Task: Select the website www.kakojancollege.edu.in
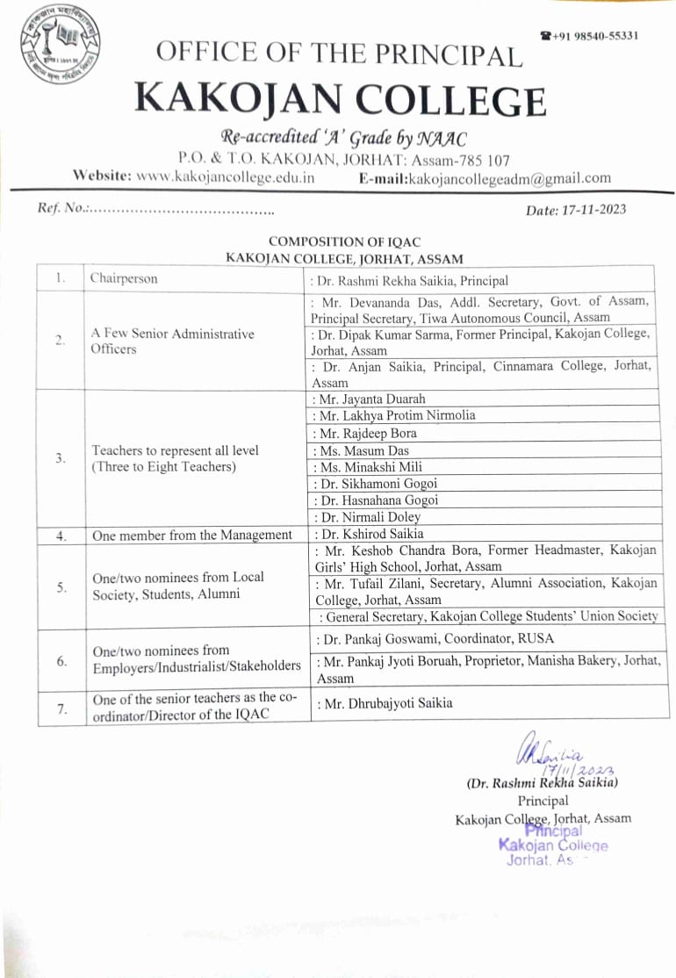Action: pos(226,176)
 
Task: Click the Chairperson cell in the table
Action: pos(124,279)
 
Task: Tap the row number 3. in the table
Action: pos(60,457)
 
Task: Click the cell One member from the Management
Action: pos(192,534)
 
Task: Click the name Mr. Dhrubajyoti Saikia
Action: pos(385,702)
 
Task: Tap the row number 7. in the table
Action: pos(60,708)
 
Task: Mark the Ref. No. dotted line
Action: pos(180,211)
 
